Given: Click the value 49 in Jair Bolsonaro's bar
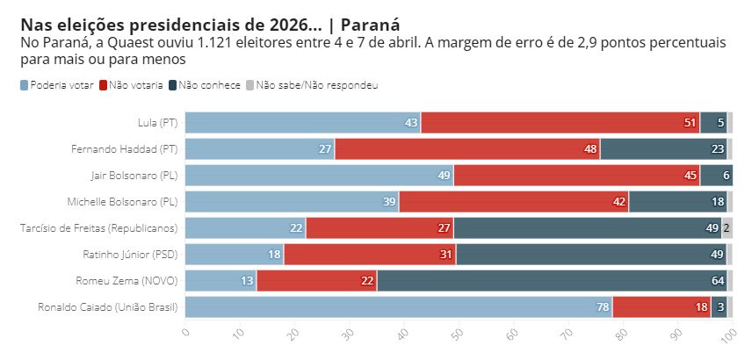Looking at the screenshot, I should click(444, 176).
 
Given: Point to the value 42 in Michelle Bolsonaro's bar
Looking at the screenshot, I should click(620, 202).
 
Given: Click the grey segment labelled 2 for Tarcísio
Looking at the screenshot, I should click(727, 228).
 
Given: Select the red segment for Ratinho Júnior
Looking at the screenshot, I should click(369, 255).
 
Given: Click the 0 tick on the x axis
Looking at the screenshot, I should click(185, 332).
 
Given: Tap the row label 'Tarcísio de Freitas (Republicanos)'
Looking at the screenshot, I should click(98, 228).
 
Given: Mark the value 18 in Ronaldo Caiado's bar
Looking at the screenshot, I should click(702, 307).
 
